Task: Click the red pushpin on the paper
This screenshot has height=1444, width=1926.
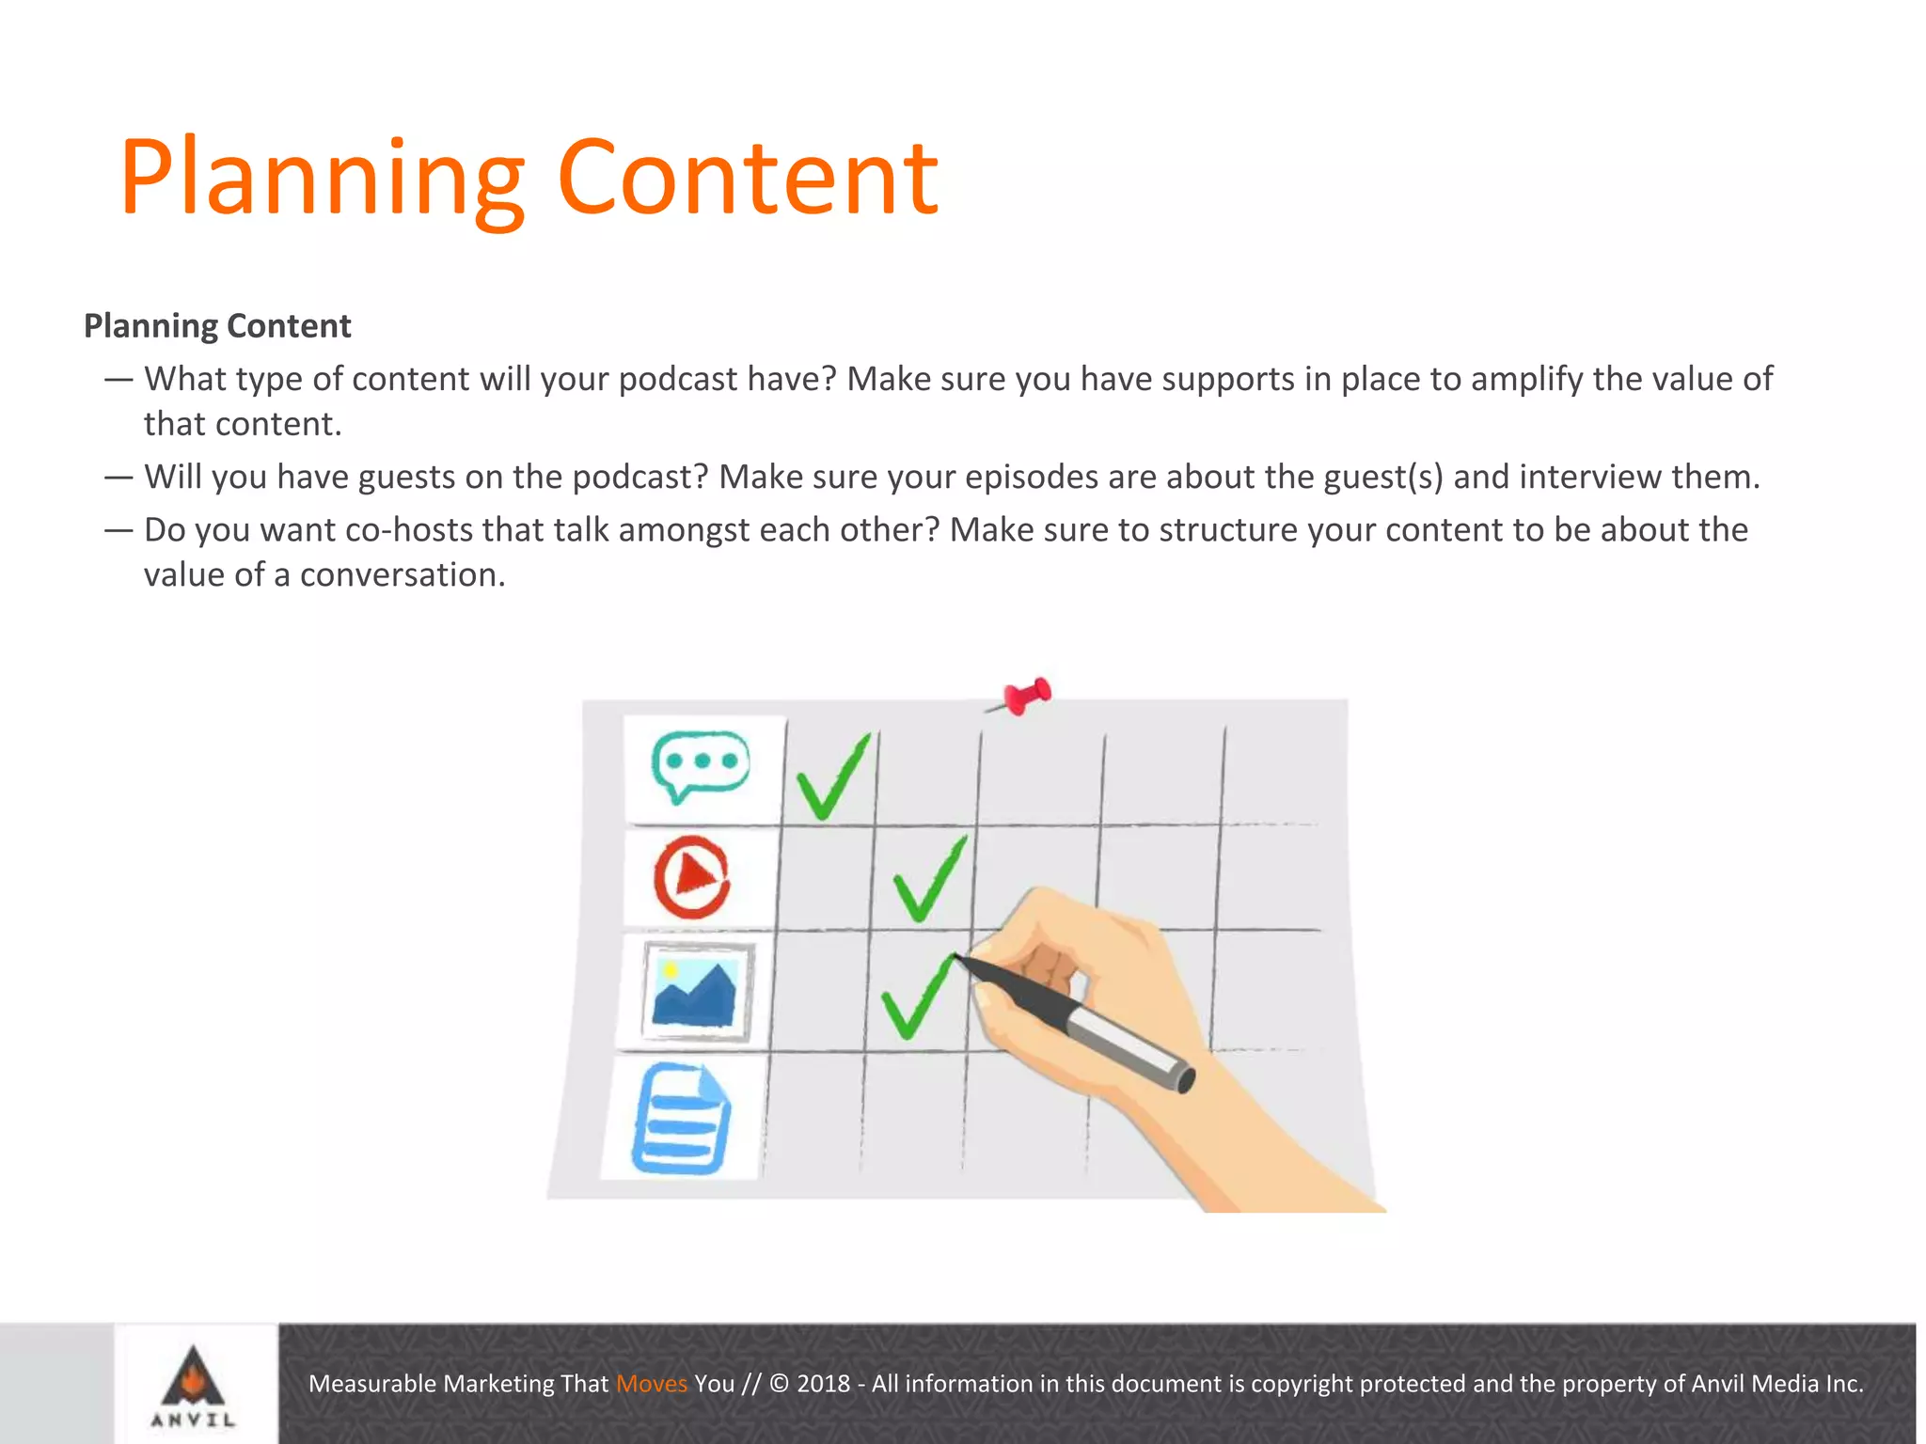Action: (1025, 697)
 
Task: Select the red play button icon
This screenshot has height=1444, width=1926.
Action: (693, 876)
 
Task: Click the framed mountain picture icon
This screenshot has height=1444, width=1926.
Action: (698, 991)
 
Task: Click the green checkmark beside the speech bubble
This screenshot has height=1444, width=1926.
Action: (832, 777)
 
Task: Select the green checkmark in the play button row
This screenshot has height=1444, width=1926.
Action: (929, 879)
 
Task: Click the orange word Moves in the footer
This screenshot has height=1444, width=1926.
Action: (652, 1384)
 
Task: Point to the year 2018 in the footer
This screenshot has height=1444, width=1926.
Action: (823, 1384)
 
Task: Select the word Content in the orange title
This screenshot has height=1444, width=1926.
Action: (748, 179)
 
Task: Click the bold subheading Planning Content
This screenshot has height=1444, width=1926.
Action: (217, 326)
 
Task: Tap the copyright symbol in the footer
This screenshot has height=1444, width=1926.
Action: (780, 1384)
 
